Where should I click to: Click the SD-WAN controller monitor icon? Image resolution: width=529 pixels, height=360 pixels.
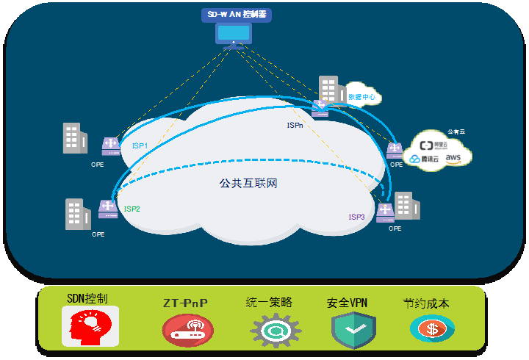234,34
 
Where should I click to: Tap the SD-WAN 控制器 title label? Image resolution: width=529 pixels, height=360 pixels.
234,14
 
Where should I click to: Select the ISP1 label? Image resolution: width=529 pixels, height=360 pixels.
140,146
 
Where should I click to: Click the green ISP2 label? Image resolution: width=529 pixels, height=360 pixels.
132,209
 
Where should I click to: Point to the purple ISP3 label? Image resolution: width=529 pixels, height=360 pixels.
356,217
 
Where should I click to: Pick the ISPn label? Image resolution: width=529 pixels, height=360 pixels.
295,126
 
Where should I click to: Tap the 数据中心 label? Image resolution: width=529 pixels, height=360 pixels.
361,96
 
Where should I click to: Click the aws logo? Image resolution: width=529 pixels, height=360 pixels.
453,157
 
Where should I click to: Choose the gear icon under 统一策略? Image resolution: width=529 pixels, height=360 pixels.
275,330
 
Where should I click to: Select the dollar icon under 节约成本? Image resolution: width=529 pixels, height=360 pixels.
432,328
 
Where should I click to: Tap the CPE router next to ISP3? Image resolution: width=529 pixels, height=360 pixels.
385,212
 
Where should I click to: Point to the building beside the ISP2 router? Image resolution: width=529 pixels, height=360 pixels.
77,214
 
